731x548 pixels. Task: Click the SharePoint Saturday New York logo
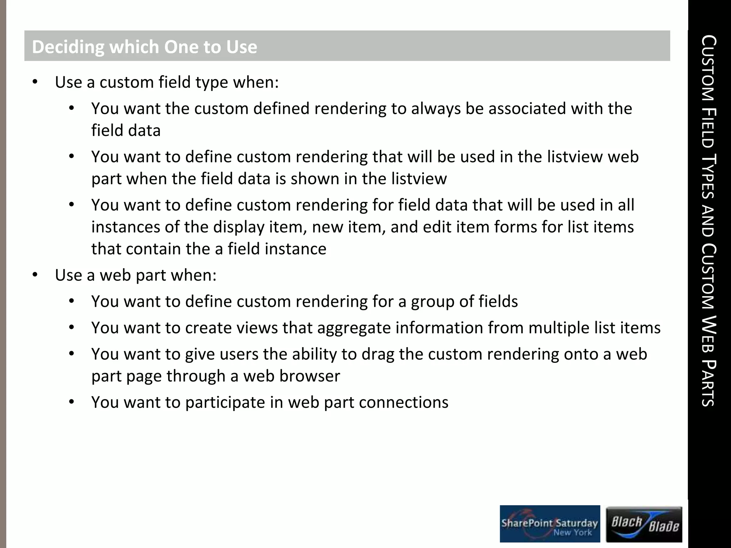[x=550, y=523]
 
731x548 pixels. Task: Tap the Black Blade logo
[x=644, y=524]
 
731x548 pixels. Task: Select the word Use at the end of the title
[x=242, y=47]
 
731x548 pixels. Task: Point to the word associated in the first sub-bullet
[x=527, y=108]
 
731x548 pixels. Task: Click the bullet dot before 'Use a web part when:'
[x=35, y=275]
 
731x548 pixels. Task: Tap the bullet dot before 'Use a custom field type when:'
[x=35, y=82]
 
